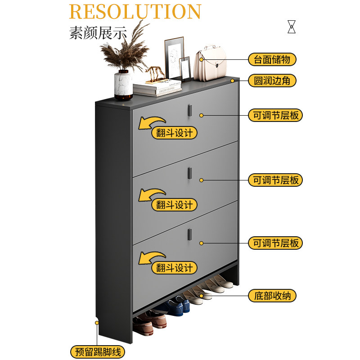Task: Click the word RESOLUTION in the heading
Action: click(135, 12)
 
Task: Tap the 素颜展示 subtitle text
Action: click(98, 33)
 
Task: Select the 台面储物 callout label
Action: click(272, 59)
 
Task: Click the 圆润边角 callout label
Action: click(272, 81)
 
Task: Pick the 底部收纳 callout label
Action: click(272, 296)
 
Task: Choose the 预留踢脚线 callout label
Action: click(98, 352)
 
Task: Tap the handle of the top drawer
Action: click(189, 110)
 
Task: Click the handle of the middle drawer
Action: click(189, 173)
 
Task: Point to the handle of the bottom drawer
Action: click(189, 234)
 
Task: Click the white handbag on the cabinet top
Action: click(210, 63)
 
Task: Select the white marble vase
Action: click(123, 85)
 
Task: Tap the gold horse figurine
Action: click(155, 73)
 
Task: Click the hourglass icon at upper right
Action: click(292, 27)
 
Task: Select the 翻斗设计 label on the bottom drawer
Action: click(174, 268)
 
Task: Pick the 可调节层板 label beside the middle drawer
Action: click(275, 180)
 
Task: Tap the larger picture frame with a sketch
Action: click(174, 58)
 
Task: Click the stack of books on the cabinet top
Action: click(157, 88)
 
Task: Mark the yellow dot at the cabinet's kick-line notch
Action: click(97, 323)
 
